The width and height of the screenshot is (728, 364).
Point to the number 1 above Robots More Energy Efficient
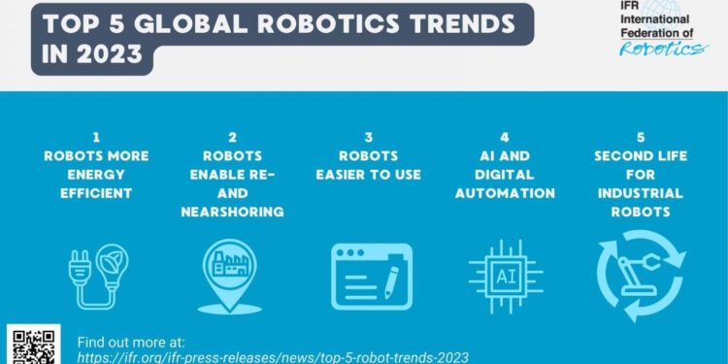(x=93, y=138)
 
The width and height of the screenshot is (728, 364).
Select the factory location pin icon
(x=224, y=274)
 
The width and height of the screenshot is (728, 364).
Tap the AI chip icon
(x=506, y=276)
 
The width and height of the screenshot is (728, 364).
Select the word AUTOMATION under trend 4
(x=506, y=193)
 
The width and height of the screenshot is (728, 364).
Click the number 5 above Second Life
(x=640, y=138)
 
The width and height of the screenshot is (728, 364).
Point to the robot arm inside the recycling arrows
(x=641, y=275)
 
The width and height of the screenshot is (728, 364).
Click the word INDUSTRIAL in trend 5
(x=640, y=193)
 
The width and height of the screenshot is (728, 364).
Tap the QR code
(x=34, y=345)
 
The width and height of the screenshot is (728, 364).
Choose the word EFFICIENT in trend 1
(x=93, y=193)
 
